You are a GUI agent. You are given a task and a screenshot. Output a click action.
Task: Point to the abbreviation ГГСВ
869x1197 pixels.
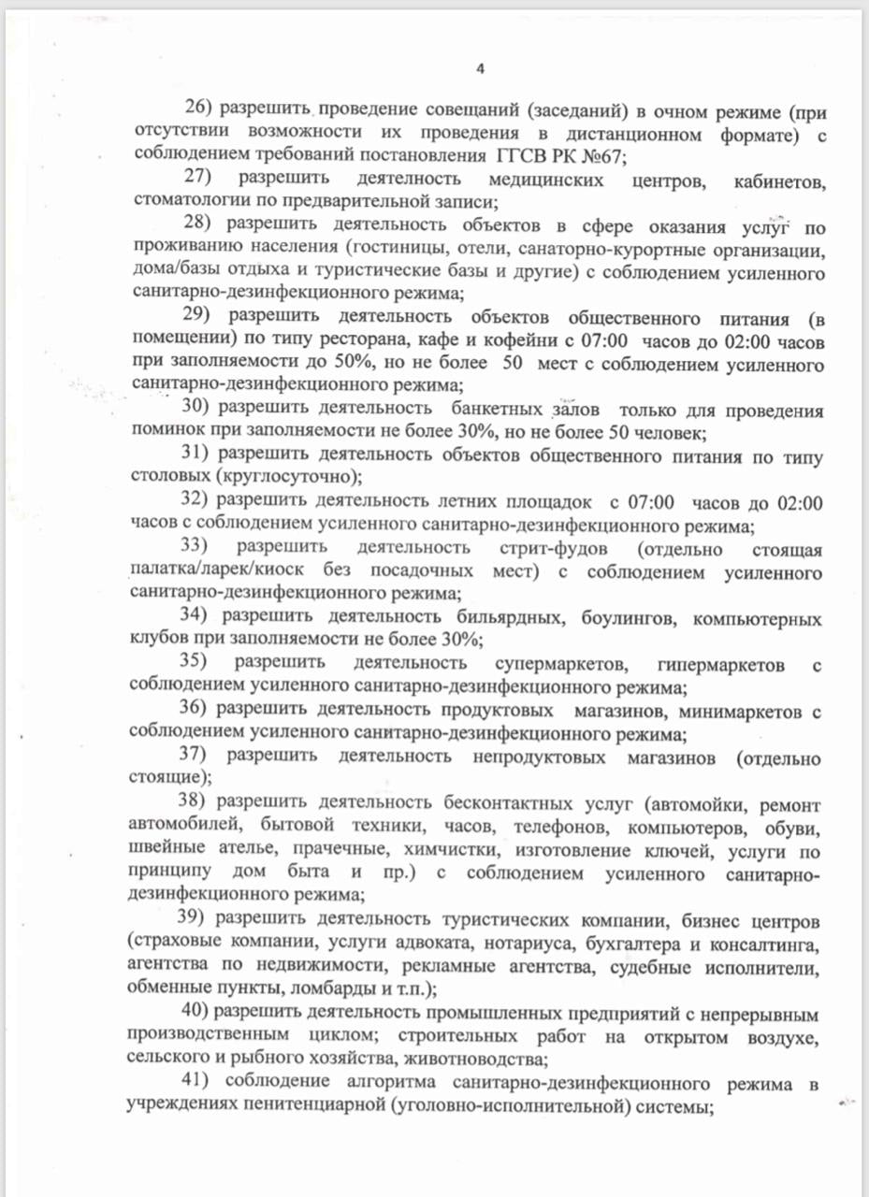pos(523,155)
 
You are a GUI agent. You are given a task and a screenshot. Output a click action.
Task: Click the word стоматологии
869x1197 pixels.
pos(181,200)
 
